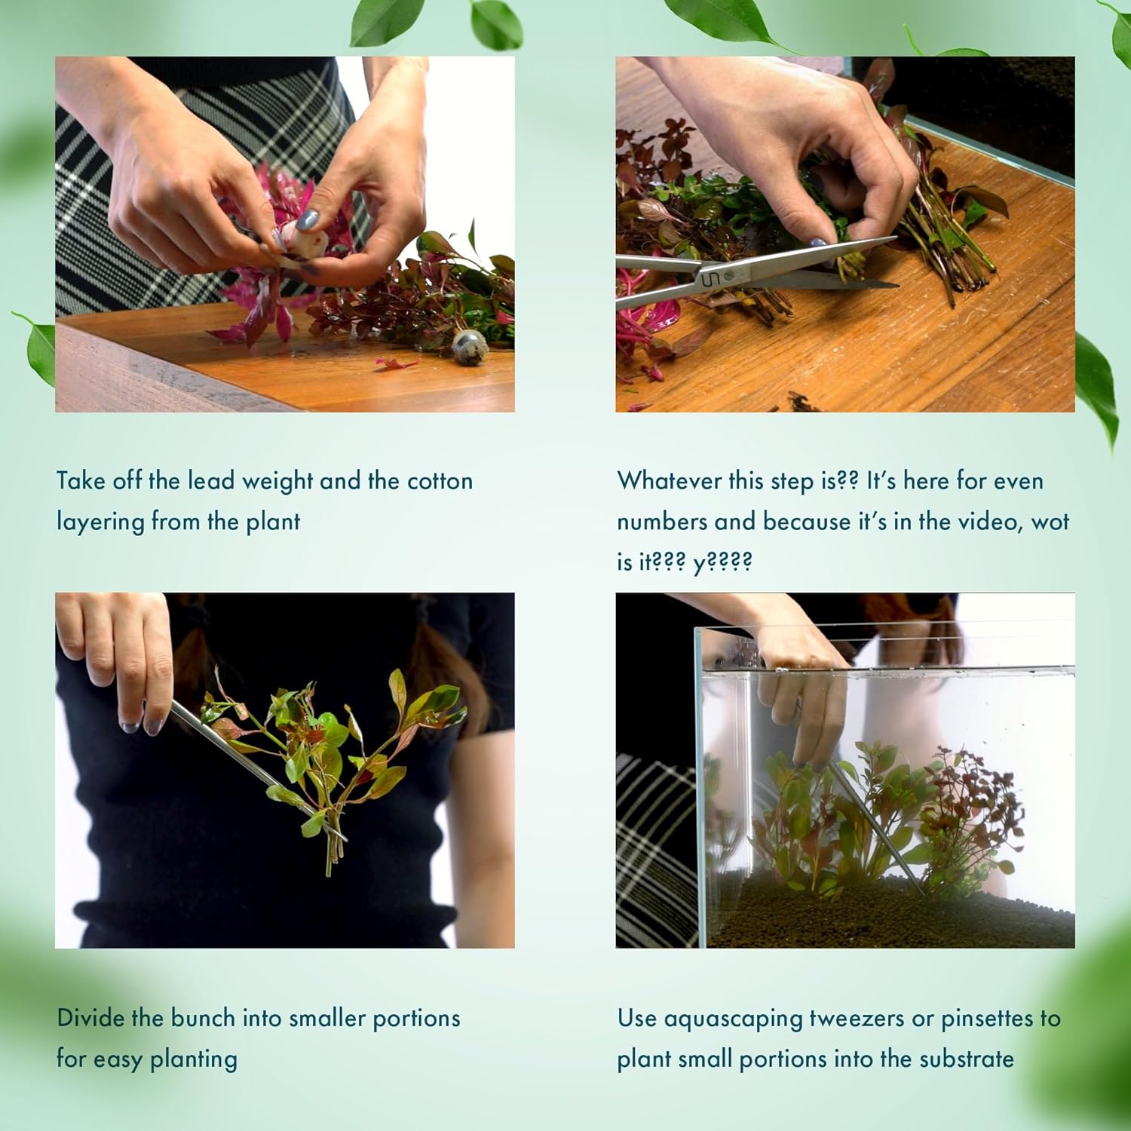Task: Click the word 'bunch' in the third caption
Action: pos(203,1018)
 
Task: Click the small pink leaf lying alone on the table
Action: pos(397,363)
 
